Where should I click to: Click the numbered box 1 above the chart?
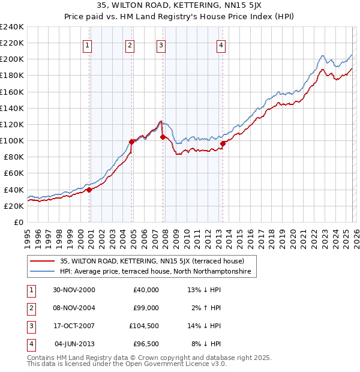(x=87, y=45)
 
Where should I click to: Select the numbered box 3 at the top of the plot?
(x=161, y=45)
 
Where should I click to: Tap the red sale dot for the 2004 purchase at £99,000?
(x=131, y=142)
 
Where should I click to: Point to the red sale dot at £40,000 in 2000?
(x=89, y=190)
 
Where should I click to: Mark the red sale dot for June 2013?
(x=223, y=143)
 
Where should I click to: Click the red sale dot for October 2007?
(x=163, y=137)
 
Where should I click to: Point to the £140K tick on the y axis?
(x=12, y=108)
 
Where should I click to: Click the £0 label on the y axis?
(x=18, y=222)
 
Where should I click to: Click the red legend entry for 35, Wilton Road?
(x=152, y=261)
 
